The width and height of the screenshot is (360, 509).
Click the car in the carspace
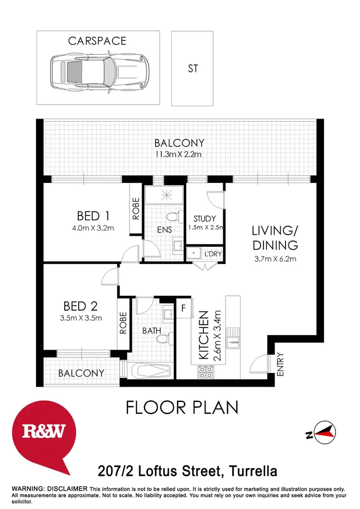98,68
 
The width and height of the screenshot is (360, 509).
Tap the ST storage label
192,69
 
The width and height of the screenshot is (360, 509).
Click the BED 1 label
95,215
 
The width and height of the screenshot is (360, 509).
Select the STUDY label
204,218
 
